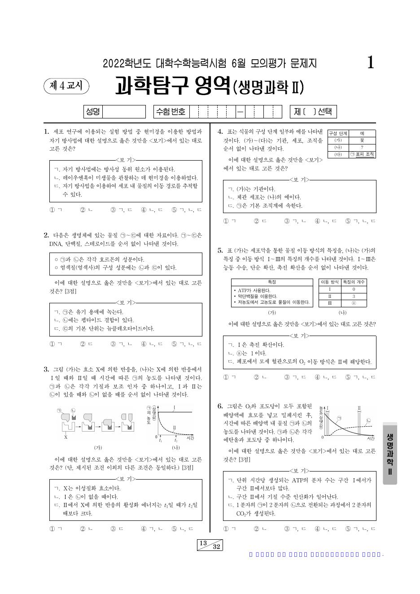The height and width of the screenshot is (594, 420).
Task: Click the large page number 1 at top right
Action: click(x=371, y=63)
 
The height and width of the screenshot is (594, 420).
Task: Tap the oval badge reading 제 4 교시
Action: click(x=66, y=86)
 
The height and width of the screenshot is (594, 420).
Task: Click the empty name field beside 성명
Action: click(x=124, y=112)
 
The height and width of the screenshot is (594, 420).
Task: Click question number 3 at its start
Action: click(x=46, y=369)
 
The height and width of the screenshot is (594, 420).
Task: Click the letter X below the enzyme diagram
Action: click(x=66, y=437)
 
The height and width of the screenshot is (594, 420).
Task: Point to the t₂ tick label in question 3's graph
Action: click(x=176, y=441)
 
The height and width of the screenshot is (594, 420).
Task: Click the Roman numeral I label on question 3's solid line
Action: click(x=174, y=407)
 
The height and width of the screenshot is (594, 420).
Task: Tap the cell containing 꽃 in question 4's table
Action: click(x=362, y=140)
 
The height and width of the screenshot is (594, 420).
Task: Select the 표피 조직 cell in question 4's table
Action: click(x=362, y=154)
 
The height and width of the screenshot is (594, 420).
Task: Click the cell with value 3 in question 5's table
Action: click(x=354, y=297)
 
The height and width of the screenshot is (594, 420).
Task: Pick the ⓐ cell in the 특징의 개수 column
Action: click(x=354, y=304)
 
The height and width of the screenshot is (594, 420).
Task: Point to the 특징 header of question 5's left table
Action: click(x=271, y=282)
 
